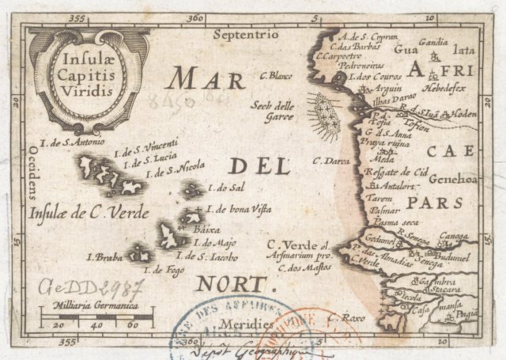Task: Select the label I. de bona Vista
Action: coord(239,209)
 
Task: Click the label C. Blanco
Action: coord(276,76)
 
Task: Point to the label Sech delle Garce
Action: coord(273,110)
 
